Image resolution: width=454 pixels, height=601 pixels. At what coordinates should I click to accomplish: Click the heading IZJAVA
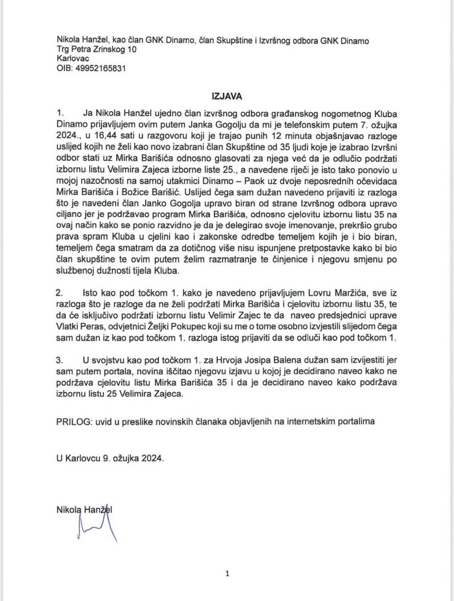pyautogui.click(x=227, y=95)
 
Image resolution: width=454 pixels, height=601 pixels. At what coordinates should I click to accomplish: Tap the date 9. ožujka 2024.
pyautogui.click(x=133, y=458)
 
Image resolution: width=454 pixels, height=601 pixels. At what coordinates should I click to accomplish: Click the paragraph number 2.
pyautogui.click(x=60, y=292)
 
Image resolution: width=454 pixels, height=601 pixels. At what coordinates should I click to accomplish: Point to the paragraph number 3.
pyautogui.click(x=60, y=360)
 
